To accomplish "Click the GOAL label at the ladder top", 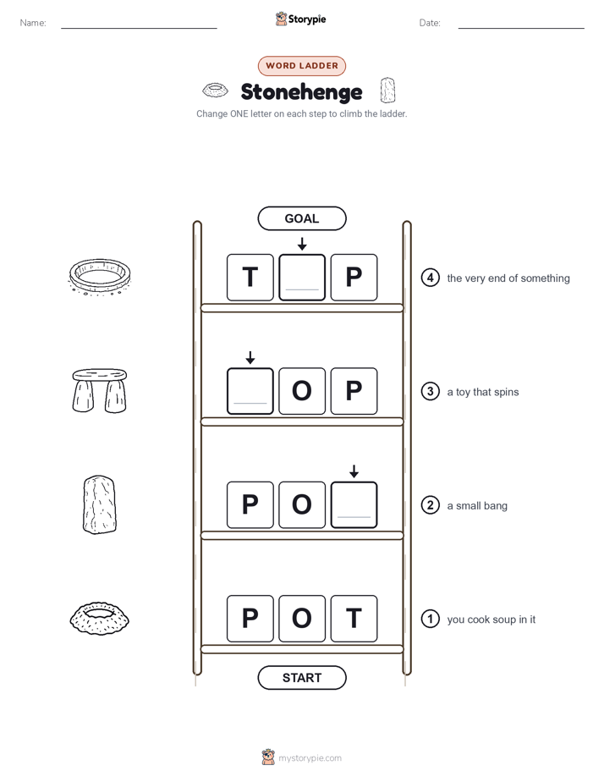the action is pyautogui.click(x=301, y=218).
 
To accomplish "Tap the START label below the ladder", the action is pyautogui.click(x=301, y=678).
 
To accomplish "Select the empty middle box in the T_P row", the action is pyautogui.click(x=302, y=278).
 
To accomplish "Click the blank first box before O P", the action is pyautogui.click(x=250, y=391).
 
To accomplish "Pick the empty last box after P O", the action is pyautogui.click(x=354, y=504).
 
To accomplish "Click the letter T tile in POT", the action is pyautogui.click(x=354, y=619).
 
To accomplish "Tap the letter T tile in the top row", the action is pyautogui.click(x=250, y=278).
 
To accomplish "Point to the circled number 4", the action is pyautogui.click(x=430, y=278).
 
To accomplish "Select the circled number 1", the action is pyautogui.click(x=430, y=619).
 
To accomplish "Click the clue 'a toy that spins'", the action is pyautogui.click(x=483, y=392).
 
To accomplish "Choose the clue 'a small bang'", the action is pyautogui.click(x=477, y=506).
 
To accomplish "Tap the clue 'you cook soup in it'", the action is pyautogui.click(x=491, y=620).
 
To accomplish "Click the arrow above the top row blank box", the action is pyautogui.click(x=302, y=244).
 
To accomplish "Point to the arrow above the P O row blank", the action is pyautogui.click(x=354, y=471).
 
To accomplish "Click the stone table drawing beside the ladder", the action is pyautogui.click(x=100, y=390).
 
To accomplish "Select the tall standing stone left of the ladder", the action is pyautogui.click(x=100, y=504).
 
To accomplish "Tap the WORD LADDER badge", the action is pyautogui.click(x=302, y=66).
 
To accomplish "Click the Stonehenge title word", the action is pyautogui.click(x=301, y=92).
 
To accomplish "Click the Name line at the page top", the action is pyautogui.click(x=139, y=28).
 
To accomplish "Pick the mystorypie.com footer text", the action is pyautogui.click(x=310, y=758).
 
